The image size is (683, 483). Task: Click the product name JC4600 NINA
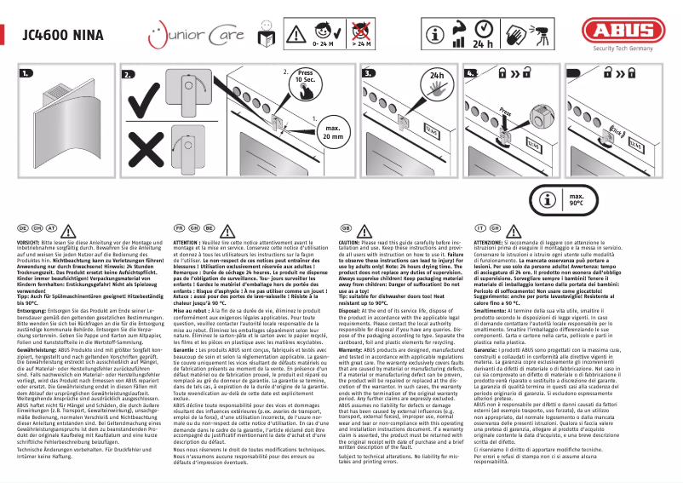tap(56, 35)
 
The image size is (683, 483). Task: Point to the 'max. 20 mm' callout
tap(331, 133)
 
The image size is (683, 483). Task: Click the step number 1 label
tap(25, 75)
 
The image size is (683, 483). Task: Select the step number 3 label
tap(369, 75)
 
